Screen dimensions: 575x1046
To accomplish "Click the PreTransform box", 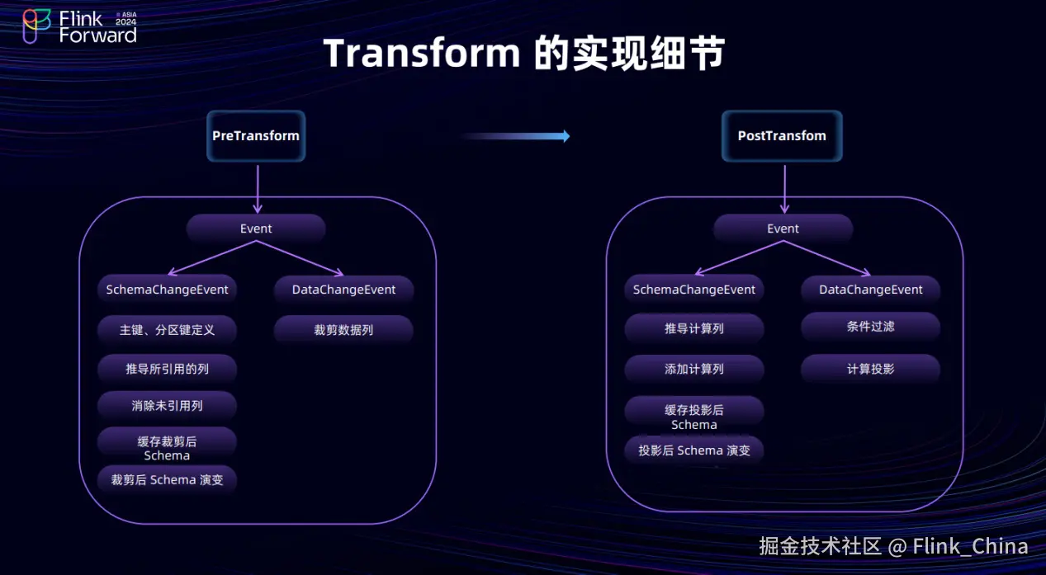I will click(256, 136).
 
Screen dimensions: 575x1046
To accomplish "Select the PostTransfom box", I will click(782, 136).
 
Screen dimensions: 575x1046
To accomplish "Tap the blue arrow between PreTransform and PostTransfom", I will click(516, 136).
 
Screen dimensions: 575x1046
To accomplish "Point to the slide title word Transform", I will click(422, 54).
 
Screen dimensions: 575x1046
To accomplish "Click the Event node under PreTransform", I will click(256, 229).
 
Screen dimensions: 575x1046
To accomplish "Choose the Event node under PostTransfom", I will click(783, 229).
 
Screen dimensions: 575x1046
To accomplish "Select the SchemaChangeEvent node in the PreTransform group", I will click(168, 290).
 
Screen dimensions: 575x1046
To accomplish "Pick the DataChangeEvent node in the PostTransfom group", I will click(871, 290).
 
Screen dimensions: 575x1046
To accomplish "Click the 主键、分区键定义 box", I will click(168, 329).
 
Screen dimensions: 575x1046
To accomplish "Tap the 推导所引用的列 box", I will click(168, 369).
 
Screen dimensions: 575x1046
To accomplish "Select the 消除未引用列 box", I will click(168, 405).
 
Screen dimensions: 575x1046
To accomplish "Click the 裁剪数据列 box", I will click(343, 329).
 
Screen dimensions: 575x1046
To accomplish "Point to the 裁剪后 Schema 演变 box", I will click(168, 479).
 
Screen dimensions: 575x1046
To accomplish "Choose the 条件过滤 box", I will click(871, 327).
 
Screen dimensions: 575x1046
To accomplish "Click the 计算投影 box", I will click(871, 369).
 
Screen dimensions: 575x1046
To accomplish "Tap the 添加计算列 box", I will click(694, 369).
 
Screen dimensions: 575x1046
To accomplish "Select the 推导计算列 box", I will click(694, 328).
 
